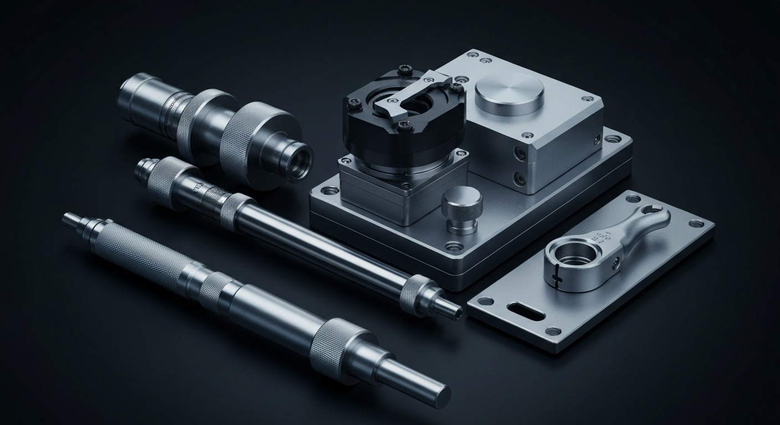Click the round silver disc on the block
[509, 93]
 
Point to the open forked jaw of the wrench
[654, 214]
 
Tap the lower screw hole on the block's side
[520, 178]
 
